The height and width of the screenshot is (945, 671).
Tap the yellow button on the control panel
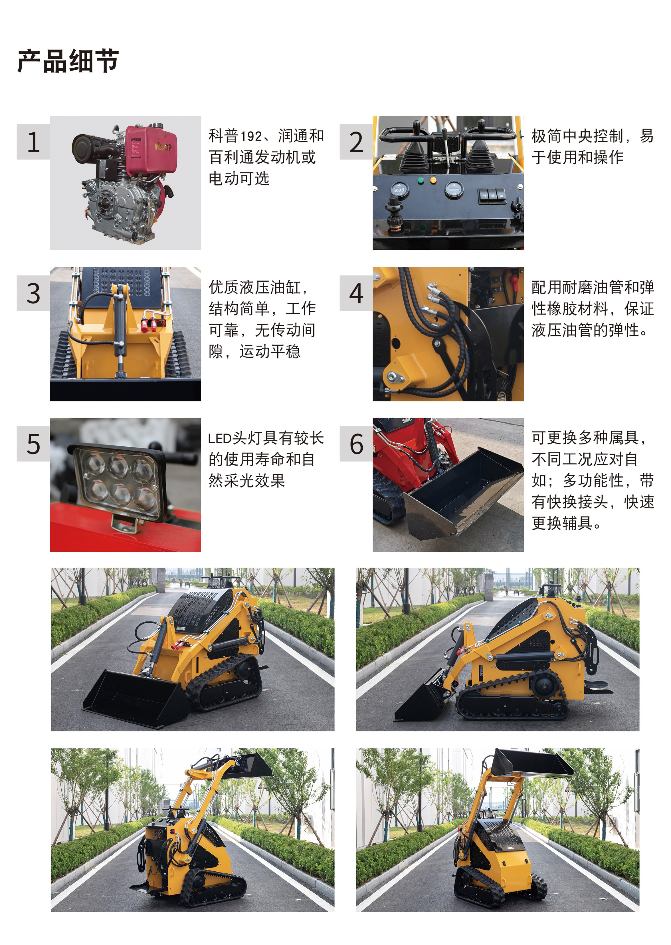[x=433, y=180]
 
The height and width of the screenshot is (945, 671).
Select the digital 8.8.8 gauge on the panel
[x=399, y=190]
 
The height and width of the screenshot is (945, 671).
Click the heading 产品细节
[x=68, y=61]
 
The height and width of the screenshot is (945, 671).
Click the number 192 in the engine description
[x=251, y=136]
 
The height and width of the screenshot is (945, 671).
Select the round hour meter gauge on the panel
[x=453, y=189]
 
